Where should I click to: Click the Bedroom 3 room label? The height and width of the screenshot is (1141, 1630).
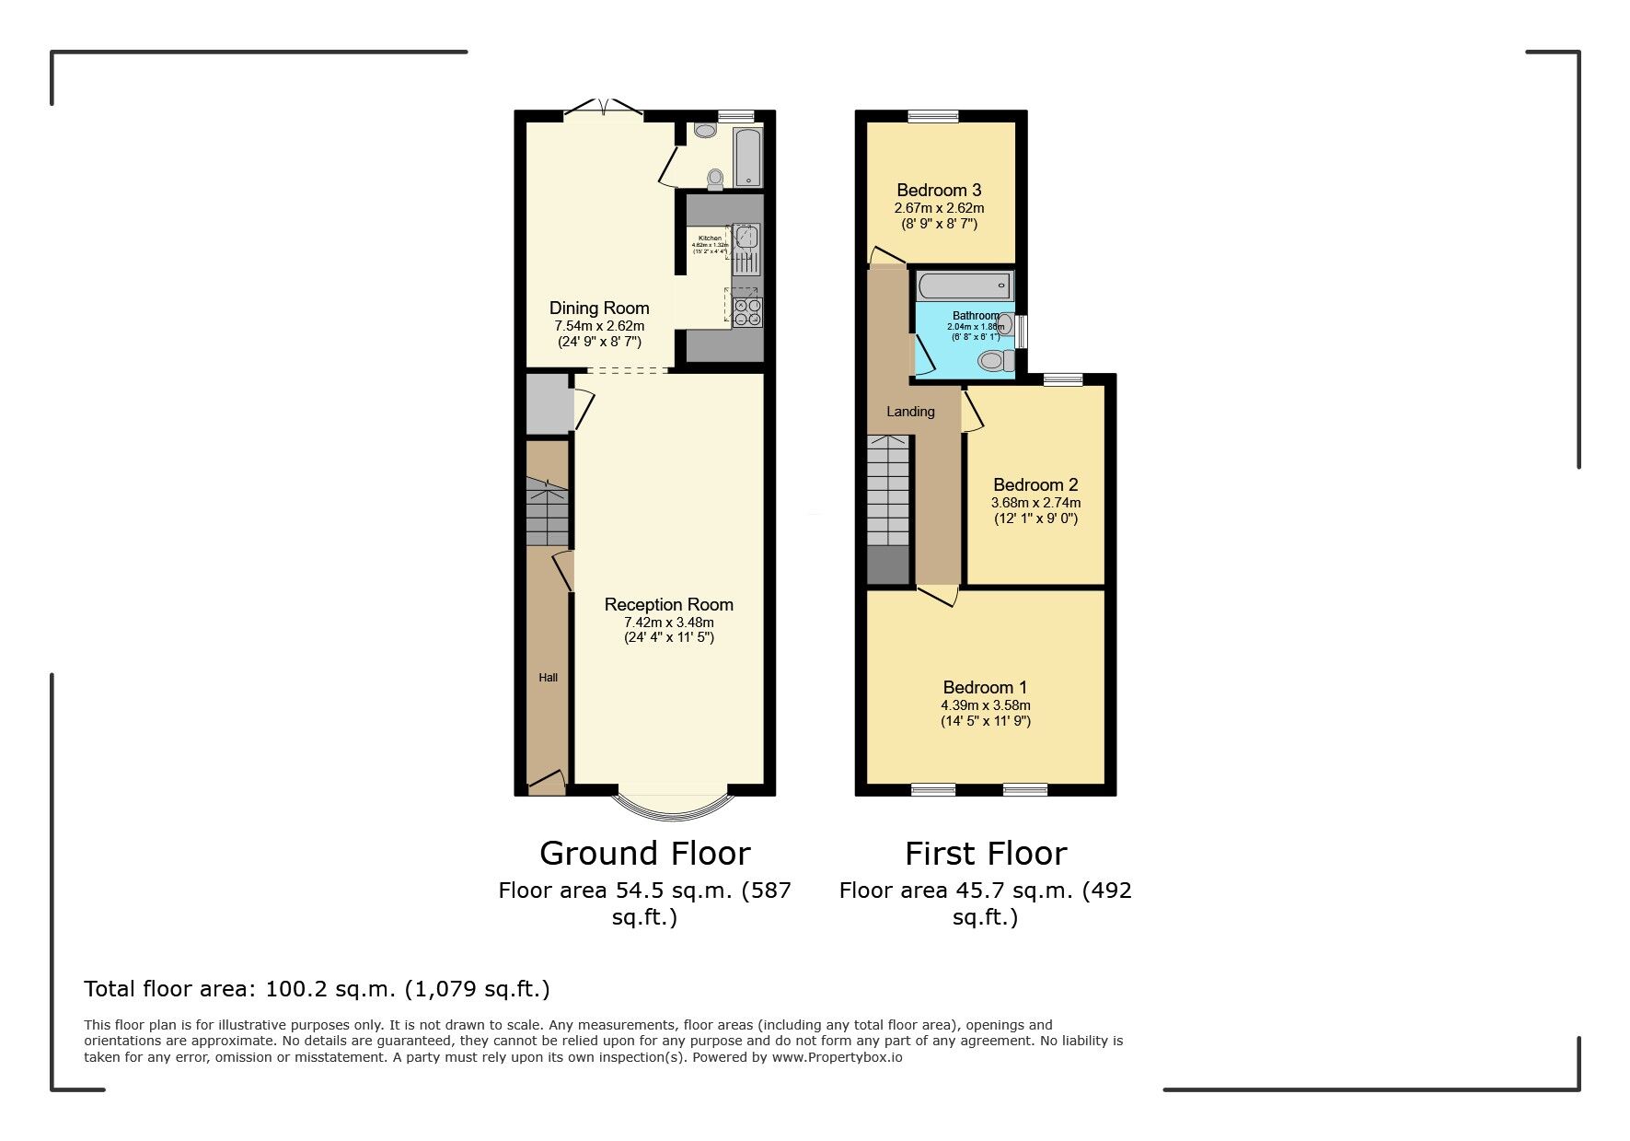point(939,190)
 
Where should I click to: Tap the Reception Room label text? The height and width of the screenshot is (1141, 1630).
point(668,604)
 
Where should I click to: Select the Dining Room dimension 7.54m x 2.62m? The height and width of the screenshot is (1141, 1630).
point(598,326)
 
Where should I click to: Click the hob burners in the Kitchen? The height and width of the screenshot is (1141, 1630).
point(746,312)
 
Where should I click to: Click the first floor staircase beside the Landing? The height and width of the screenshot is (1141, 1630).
point(888,493)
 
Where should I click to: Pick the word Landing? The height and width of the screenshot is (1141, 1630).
point(910,412)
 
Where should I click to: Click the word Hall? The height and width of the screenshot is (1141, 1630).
point(548,678)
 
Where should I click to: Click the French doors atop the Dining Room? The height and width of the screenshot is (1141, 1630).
point(603,109)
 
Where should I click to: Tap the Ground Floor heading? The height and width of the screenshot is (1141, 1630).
point(644,854)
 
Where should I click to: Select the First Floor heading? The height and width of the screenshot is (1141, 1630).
point(985,854)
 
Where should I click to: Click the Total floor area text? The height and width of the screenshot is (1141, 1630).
point(317,989)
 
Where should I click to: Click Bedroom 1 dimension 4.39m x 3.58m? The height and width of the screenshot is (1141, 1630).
point(985,705)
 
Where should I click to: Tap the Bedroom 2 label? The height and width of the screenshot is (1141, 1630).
point(1035,484)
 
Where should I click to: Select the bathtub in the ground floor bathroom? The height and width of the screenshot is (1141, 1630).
point(746,157)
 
